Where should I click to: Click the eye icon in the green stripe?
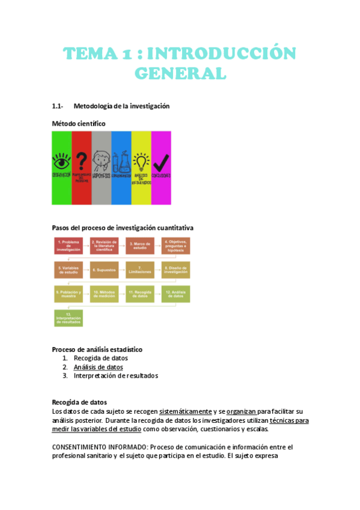(x=61, y=161)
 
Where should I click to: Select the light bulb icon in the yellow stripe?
(x=141, y=161)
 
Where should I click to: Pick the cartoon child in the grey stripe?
(x=101, y=161)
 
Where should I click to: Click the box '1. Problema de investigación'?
(x=69, y=245)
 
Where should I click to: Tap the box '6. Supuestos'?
(x=104, y=270)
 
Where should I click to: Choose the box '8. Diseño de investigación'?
(x=175, y=270)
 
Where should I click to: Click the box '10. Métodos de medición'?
(x=104, y=295)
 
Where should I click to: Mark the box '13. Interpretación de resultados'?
(x=69, y=319)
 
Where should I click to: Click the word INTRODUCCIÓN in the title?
(x=221, y=54)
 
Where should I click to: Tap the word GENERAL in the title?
(x=180, y=73)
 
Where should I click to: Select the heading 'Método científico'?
(x=78, y=123)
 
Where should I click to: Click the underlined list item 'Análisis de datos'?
(x=98, y=367)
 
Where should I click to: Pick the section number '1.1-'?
(x=58, y=106)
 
